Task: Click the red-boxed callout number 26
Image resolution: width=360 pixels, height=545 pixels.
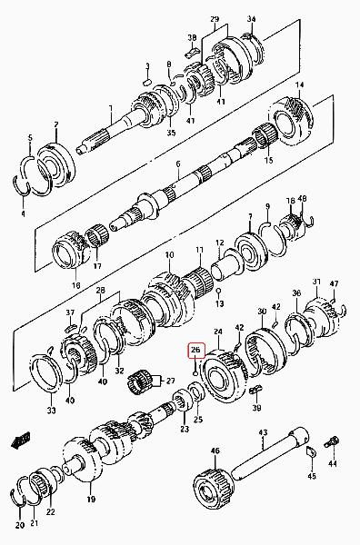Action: [x=196, y=350]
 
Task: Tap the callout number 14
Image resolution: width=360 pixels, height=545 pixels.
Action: [x=299, y=84]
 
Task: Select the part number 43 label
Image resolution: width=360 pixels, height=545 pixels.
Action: [x=263, y=432]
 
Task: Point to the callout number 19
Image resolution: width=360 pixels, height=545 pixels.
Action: [x=91, y=500]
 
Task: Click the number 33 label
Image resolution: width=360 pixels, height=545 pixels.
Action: [x=51, y=411]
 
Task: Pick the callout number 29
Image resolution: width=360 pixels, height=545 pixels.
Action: [x=215, y=19]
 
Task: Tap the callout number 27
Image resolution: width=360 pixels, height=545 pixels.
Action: [x=170, y=381]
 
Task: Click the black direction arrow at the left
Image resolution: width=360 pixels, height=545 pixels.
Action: [x=21, y=440]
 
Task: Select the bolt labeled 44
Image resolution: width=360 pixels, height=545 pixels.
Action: [x=330, y=442]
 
